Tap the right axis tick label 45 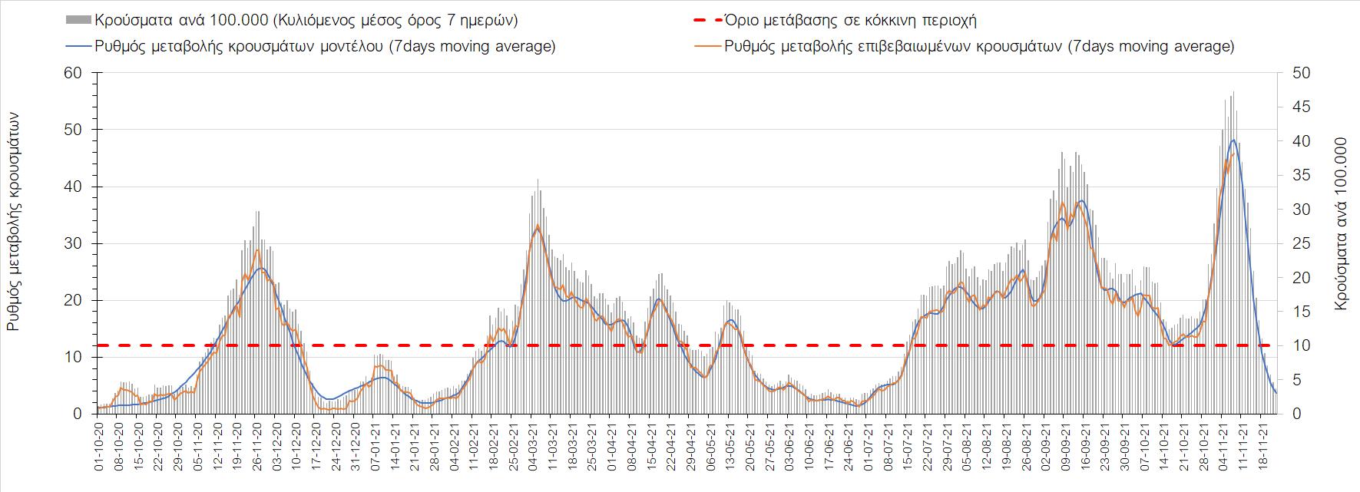(1298, 107)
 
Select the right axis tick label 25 (1298, 244)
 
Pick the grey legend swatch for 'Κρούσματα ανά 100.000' (79, 20)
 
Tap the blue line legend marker (79, 46)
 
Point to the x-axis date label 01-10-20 (99, 444)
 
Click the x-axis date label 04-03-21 (533, 444)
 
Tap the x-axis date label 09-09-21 (1064, 444)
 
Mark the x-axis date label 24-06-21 (848, 444)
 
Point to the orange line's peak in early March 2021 (537, 225)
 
